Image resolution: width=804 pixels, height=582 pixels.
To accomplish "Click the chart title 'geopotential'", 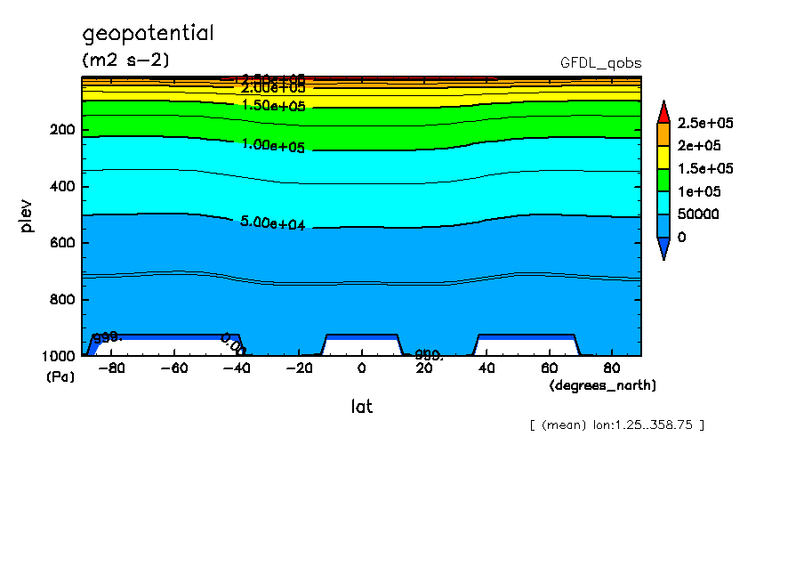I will pos(148,34).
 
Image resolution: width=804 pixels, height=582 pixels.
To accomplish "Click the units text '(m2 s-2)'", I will pos(125,61).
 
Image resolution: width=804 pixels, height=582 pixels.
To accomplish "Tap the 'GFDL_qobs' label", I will pos(600,63).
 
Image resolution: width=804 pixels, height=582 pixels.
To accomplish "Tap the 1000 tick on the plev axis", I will pos(58,356).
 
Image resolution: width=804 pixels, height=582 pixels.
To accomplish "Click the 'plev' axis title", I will pos(27,216).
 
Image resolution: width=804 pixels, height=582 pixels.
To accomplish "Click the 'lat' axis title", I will pos(361,407).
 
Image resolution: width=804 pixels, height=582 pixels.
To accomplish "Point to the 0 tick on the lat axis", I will pos(361,368).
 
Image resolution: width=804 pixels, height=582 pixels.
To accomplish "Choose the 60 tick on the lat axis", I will pos(549,368).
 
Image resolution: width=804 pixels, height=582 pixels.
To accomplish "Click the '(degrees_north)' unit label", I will pos(603,385).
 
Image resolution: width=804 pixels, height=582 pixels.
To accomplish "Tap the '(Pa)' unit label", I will pos(60,377).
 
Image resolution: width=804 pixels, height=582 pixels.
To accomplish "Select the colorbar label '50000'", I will pos(696,214).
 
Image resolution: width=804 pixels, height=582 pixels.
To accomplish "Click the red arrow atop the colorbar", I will pos(663,111).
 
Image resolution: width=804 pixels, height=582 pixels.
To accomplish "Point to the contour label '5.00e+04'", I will pos(273,223).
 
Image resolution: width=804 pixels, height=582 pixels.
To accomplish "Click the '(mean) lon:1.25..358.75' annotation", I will pos(616,424).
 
